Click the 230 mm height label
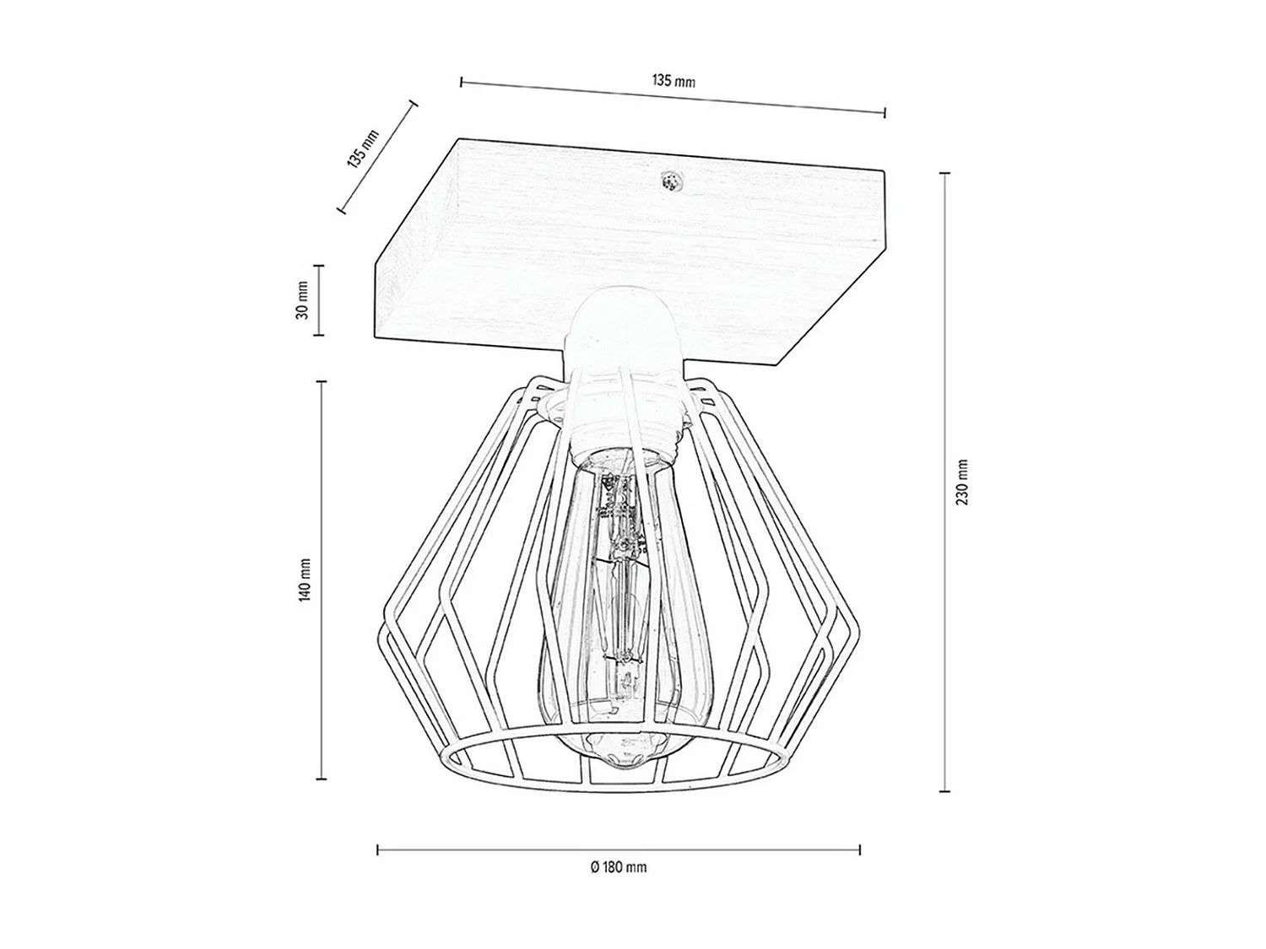click(x=962, y=483)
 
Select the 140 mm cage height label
click(x=305, y=580)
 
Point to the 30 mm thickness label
click(x=302, y=300)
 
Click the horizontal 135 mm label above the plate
click(x=673, y=82)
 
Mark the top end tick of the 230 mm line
click(x=944, y=173)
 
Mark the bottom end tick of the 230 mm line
click(x=944, y=790)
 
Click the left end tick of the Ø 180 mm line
click(x=377, y=850)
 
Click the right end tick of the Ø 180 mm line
click(x=860, y=850)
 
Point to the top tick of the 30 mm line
click(x=319, y=266)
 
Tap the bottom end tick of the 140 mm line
click(x=321, y=778)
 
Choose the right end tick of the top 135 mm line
click(x=885, y=113)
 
